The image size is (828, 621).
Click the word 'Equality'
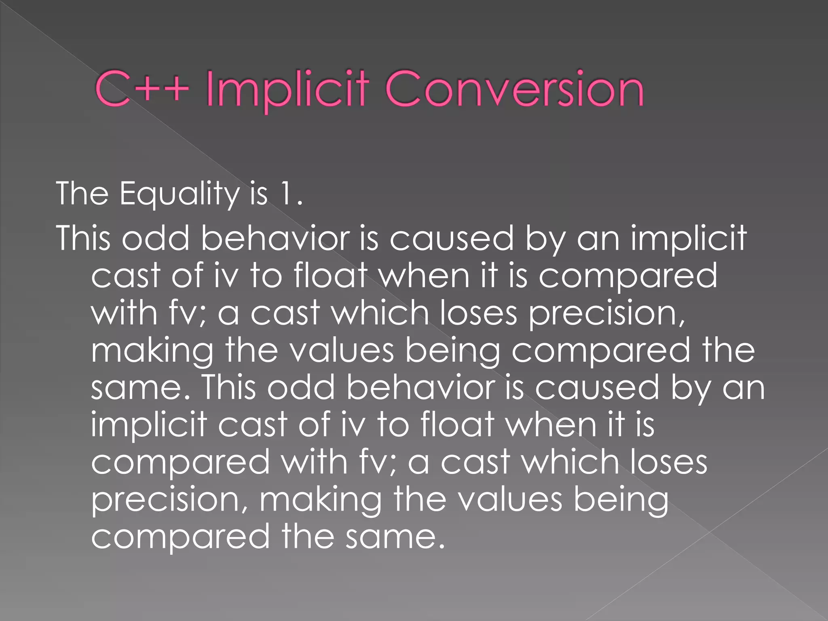tap(180, 194)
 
